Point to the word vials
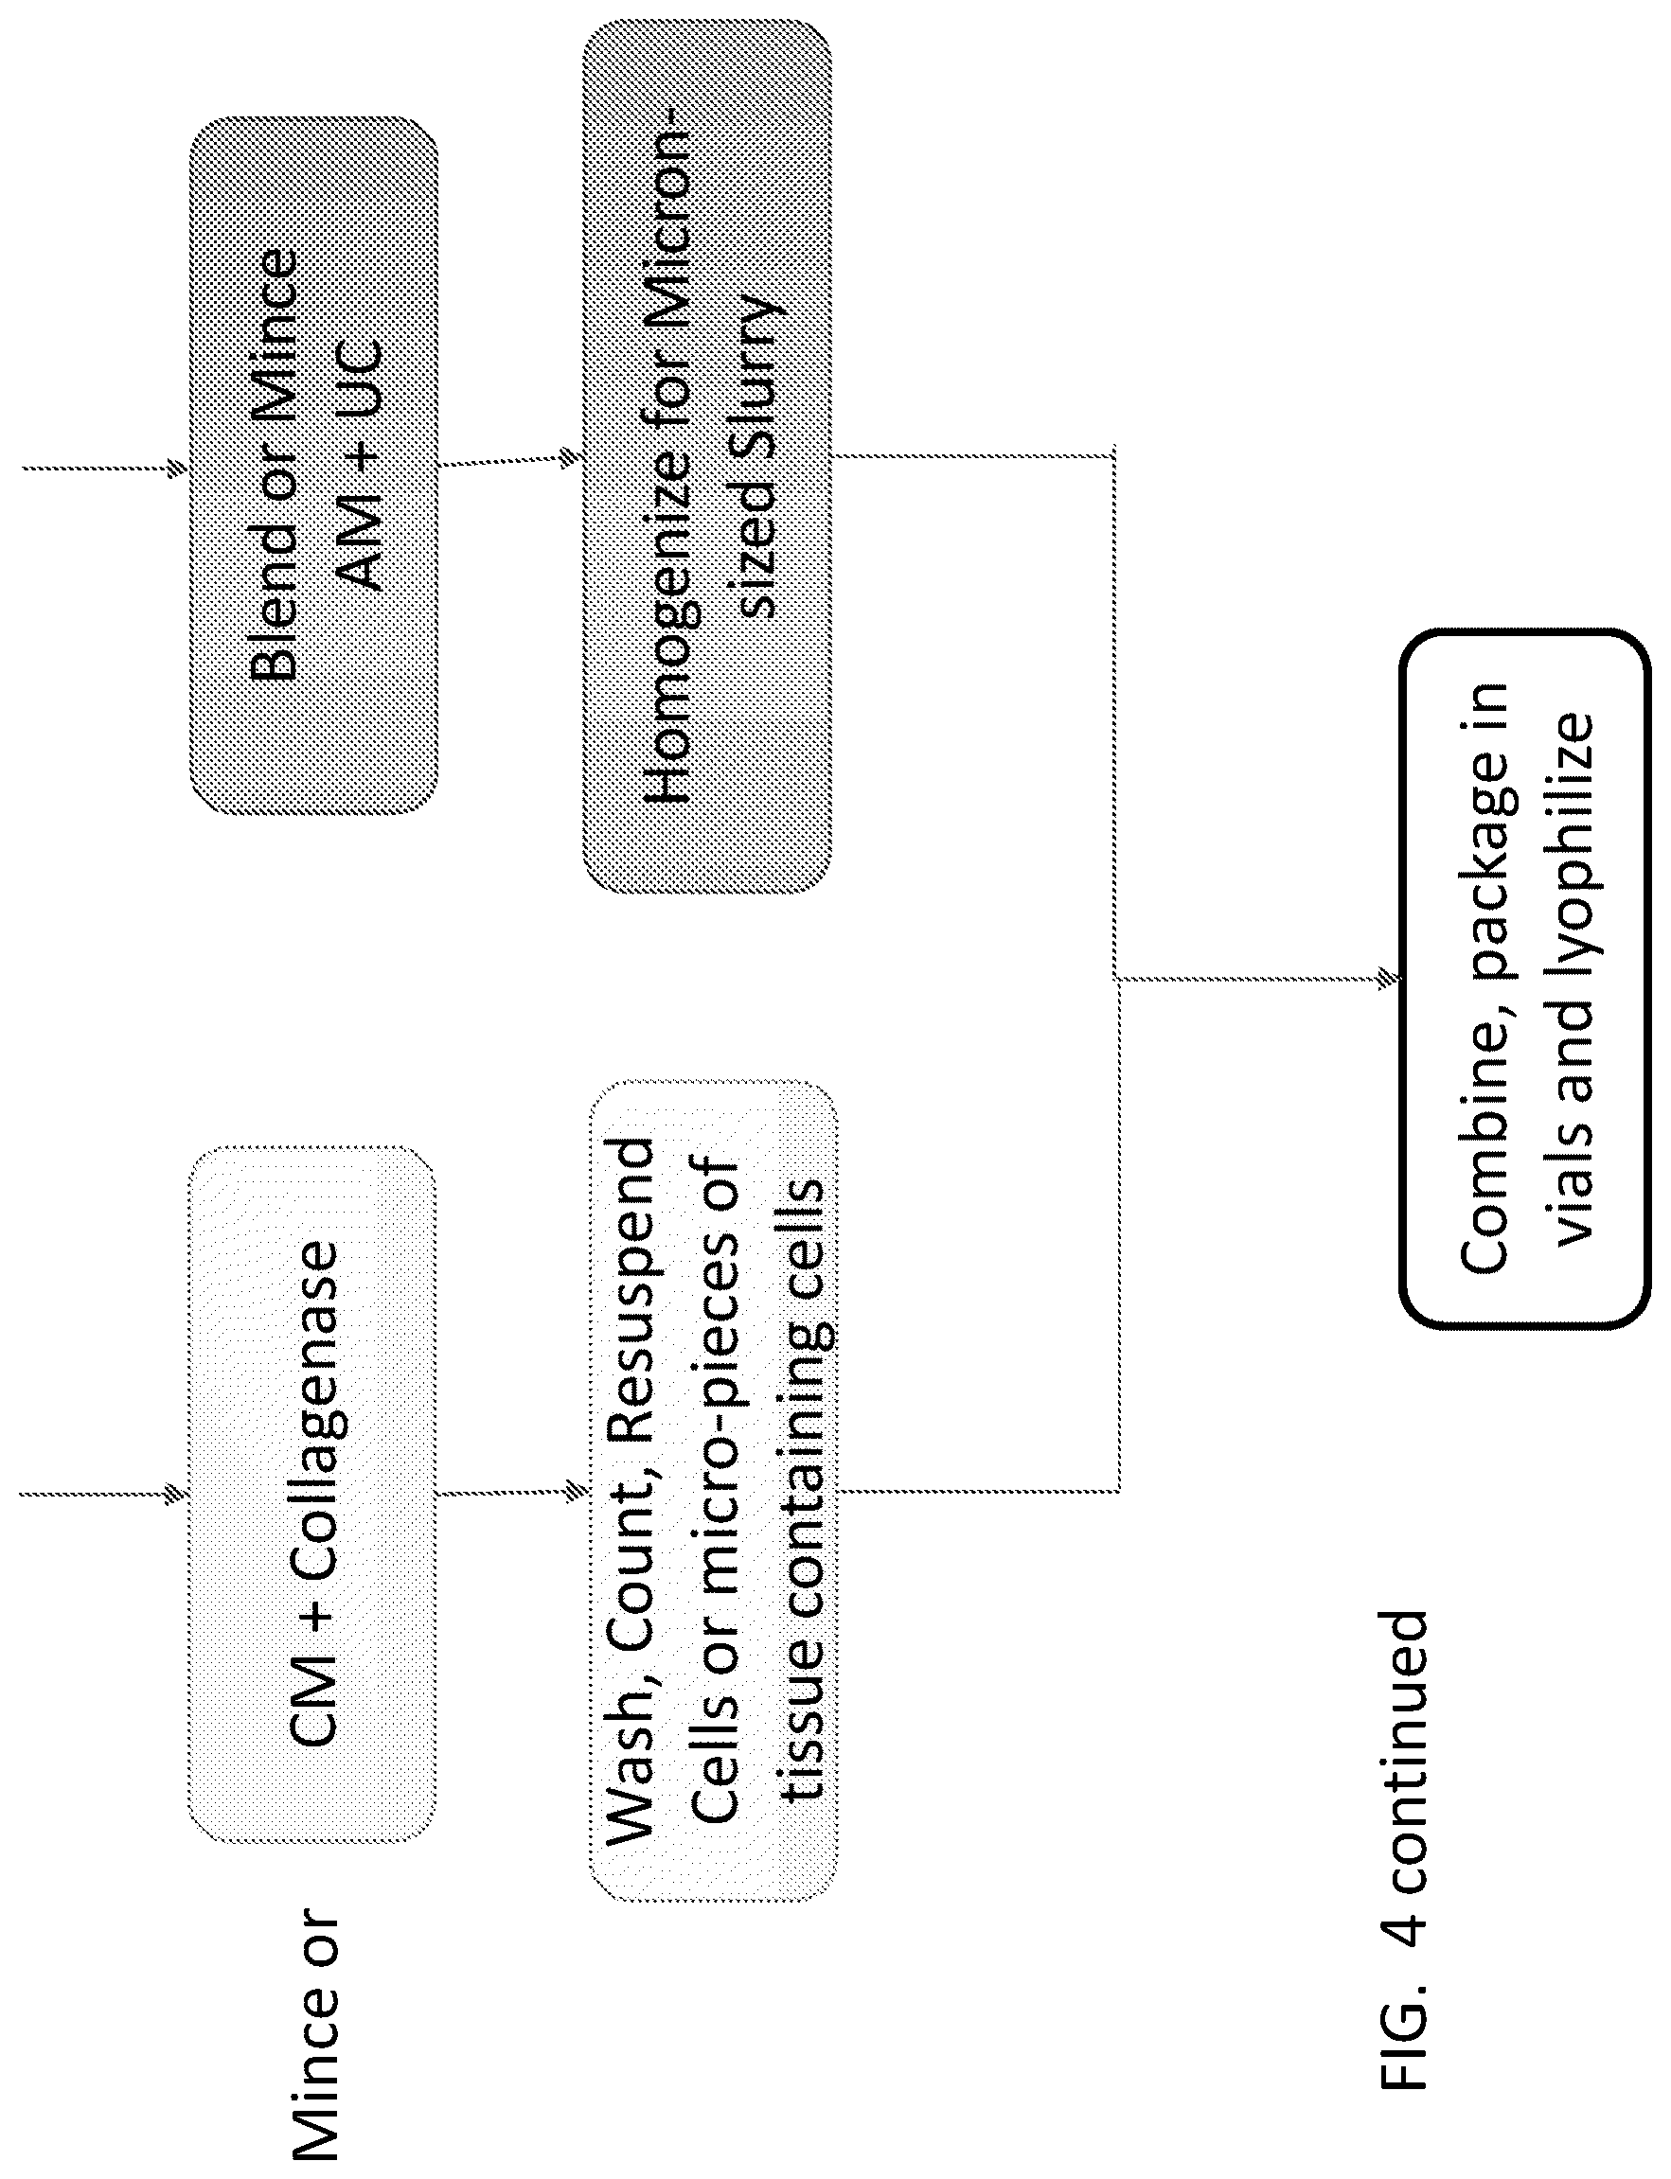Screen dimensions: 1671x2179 point(1572,1189)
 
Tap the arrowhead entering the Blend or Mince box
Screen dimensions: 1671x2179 point(178,468)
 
